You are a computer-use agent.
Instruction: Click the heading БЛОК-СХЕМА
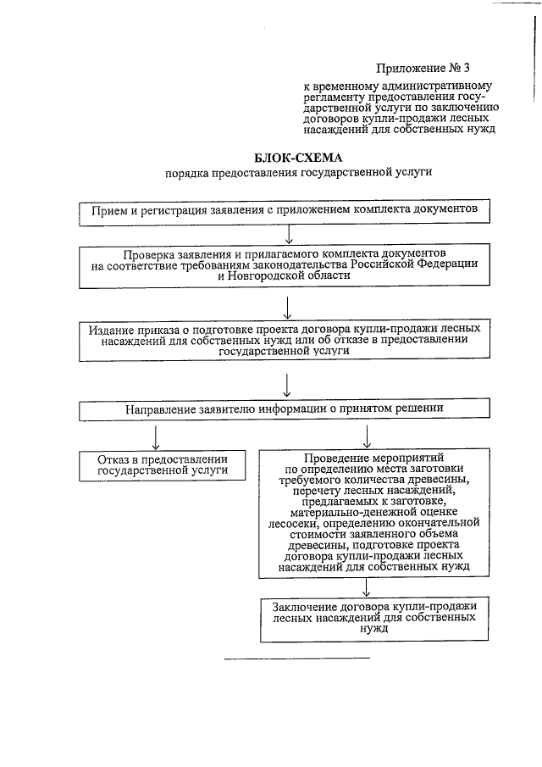298,158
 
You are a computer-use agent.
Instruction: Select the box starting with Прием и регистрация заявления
289,208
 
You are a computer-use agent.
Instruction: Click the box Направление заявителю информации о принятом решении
285,409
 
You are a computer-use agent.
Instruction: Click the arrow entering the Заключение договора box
366,587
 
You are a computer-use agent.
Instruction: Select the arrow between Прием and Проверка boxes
290,231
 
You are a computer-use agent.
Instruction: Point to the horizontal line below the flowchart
296,657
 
